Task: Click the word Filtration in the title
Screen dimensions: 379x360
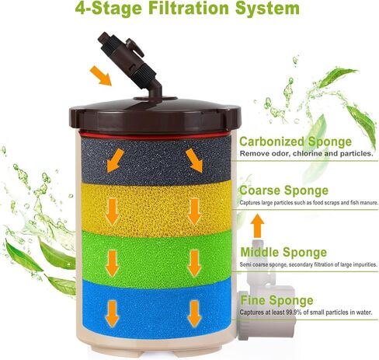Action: click(x=189, y=8)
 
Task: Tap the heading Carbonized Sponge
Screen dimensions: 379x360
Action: click(x=295, y=142)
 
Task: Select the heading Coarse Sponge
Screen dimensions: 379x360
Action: click(x=283, y=190)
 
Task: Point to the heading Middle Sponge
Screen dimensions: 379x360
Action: click(x=283, y=252)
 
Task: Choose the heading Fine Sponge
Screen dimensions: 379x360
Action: click(x=276, y=300)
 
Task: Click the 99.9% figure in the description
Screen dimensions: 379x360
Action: click(x=294, y=313)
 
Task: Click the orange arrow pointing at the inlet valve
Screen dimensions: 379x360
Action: click(x=101, y=75)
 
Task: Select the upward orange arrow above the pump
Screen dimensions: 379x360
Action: click(x=258, y=225)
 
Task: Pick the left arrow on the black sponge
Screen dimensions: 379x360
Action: click(x=115, y=160)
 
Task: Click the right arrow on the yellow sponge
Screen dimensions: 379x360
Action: click(x=194, y=211)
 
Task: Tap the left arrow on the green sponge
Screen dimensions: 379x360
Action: click(x=113, y=263)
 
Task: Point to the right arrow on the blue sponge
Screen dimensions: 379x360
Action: click(x=194, y=313)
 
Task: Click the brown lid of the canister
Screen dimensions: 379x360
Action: click(x=155, y=114)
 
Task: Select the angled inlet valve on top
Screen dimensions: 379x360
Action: click(x=130, y=65)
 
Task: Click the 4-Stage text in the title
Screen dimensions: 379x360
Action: click(x=109, y=8)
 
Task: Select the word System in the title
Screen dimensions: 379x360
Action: click(x=267, y=9)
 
